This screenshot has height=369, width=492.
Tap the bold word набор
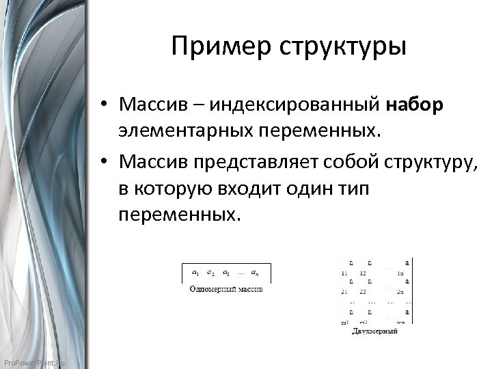(415, 105)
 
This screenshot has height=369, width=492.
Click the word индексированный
(295, 105)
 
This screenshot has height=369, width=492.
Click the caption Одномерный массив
(225, 289)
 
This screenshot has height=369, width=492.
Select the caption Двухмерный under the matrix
(375, 331)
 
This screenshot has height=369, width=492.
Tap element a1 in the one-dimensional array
(195, 272)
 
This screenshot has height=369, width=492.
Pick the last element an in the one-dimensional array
(255, 272)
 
